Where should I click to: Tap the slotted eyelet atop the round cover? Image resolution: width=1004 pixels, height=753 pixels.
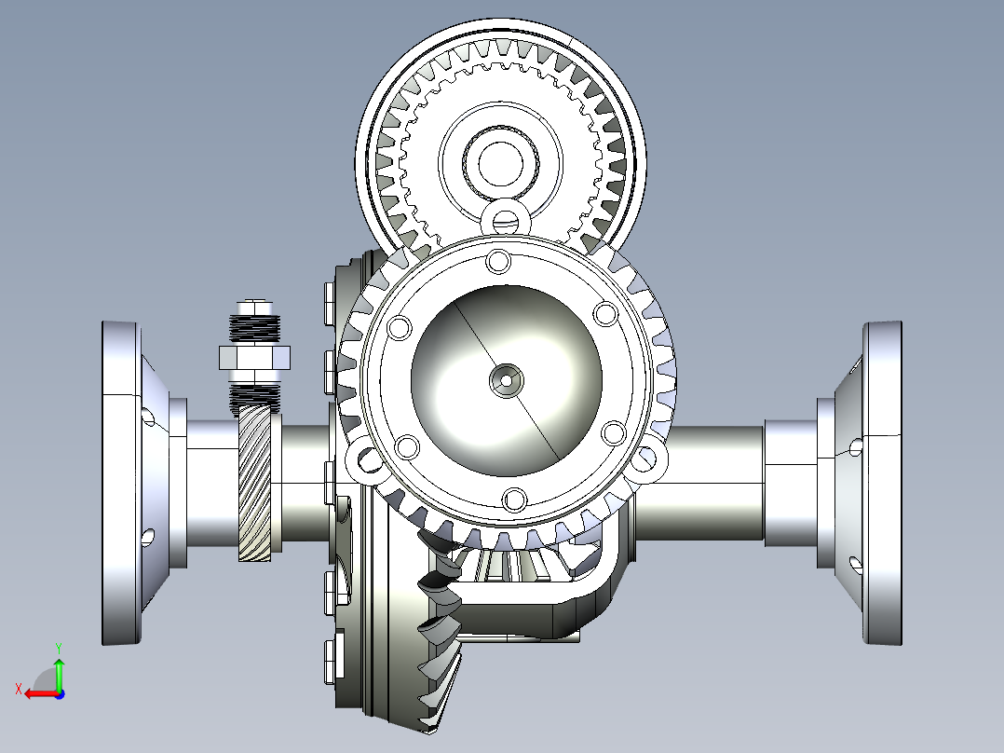point(505,218)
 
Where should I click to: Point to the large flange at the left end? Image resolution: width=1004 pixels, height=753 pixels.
point(120,483)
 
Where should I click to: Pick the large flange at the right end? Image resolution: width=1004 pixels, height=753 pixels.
point(882,483)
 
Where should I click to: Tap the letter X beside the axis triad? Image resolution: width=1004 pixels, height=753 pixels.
point(18,689)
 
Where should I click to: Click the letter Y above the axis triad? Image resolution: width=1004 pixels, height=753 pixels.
point(59,646)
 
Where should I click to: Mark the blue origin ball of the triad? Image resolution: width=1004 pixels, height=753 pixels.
point(59,693)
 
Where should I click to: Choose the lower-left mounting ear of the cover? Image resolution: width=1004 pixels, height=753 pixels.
point(361,459)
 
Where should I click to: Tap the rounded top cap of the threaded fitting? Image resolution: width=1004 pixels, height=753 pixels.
point(254,307)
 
